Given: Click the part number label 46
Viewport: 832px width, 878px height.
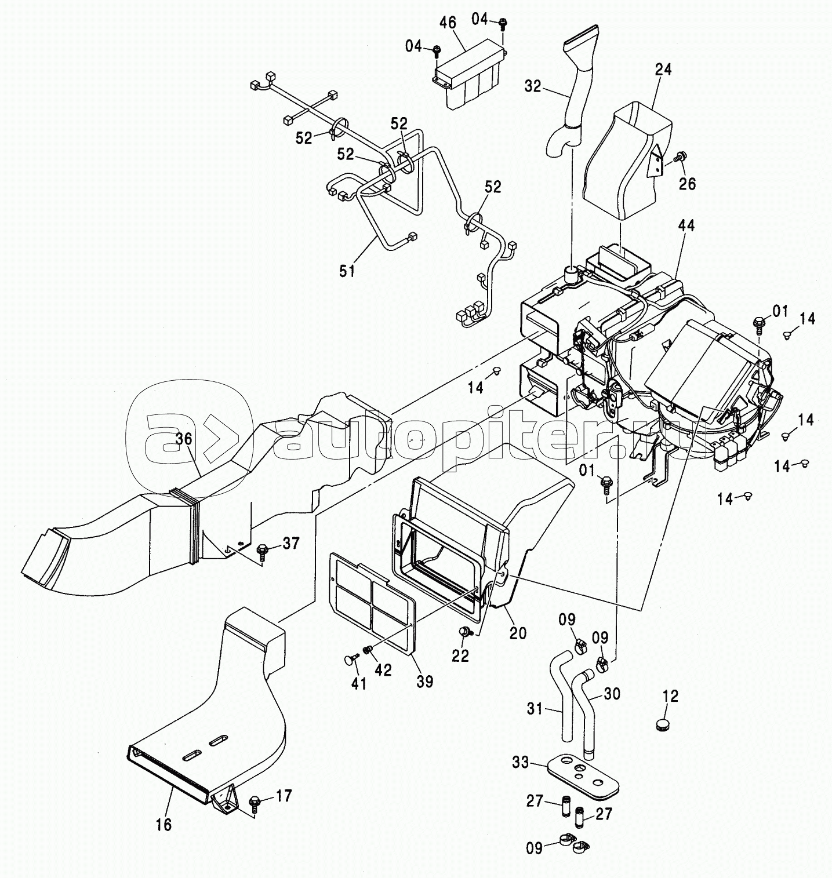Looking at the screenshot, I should pos(447,23).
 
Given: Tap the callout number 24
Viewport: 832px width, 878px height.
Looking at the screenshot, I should pos(663,70).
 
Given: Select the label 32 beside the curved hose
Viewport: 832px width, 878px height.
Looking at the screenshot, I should pos(532,86).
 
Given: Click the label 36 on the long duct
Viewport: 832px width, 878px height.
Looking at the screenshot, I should pos(183,439).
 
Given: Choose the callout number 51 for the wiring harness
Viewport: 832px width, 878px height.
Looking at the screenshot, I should pos(347,270).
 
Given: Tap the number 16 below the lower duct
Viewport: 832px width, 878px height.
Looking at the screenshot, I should pos(164,824).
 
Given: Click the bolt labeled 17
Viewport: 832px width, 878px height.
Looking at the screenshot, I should pos(253,803).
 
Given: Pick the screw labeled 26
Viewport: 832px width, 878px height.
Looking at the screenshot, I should pos(680,156).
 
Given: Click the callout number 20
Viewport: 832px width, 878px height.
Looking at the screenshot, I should pos(518,633).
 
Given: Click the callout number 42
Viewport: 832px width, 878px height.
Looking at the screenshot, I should pos(383,669).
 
